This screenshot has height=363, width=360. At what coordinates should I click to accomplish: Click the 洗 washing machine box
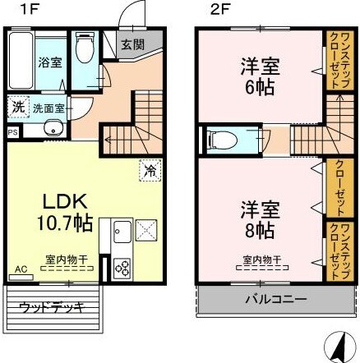tap(18, 107)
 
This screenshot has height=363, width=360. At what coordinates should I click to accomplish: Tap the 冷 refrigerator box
tap(150, 169)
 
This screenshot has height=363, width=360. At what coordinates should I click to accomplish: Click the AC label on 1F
tap(19, 268)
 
